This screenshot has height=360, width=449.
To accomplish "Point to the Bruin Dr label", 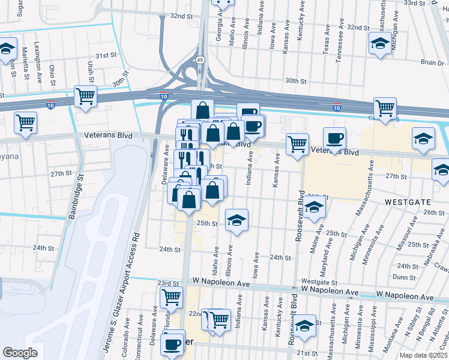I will pos(432,62).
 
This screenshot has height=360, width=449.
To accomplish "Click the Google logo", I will pos(20,353).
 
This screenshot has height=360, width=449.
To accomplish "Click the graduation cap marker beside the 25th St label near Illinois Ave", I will pos(237,220).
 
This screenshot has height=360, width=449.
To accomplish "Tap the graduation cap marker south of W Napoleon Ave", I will pos(304,326).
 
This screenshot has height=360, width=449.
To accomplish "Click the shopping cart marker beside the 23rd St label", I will pos(172,296).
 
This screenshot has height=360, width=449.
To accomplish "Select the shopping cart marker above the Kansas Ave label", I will pos(298,145).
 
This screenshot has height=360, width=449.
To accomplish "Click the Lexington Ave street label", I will pos(37,55).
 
